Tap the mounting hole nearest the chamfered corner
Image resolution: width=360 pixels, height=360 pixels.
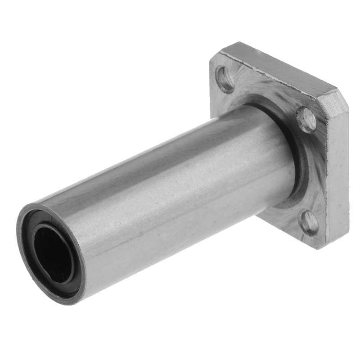(x=306, y=120)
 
